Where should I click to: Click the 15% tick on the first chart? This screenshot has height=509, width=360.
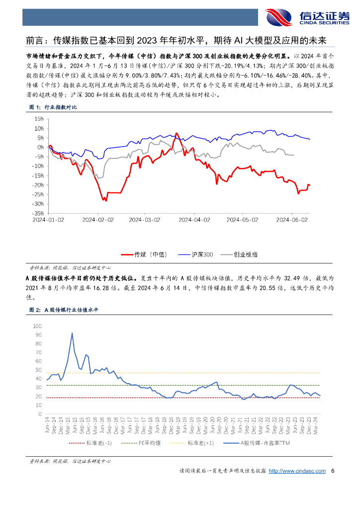[x=39, y=119]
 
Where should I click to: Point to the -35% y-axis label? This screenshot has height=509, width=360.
[x=37, y=213]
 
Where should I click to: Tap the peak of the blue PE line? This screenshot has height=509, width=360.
[x=72, y=333]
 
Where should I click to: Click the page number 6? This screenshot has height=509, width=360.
[x=333, y=471]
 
